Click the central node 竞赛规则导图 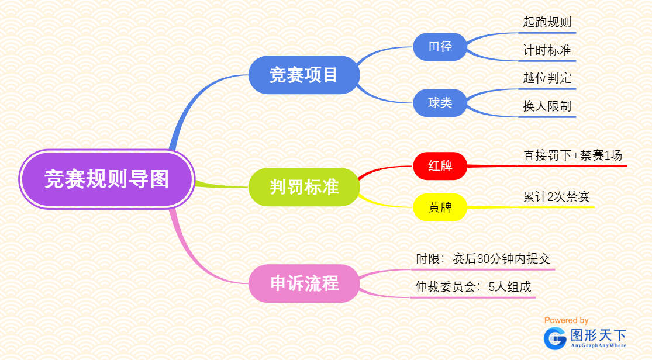106,179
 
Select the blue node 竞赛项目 303,75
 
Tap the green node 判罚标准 304,187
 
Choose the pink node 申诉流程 304,283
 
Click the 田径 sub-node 440,47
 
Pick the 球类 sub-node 440,103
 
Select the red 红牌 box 440,166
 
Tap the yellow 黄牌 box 440,207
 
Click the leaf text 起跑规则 547,22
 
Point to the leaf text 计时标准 547,50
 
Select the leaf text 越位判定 547,78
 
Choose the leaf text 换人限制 547,106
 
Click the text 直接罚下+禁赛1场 572,155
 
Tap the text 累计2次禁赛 557,196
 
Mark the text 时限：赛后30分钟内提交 483,259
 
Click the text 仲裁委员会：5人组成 473,287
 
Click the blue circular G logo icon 554,338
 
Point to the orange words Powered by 566,320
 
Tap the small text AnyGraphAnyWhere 598,346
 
